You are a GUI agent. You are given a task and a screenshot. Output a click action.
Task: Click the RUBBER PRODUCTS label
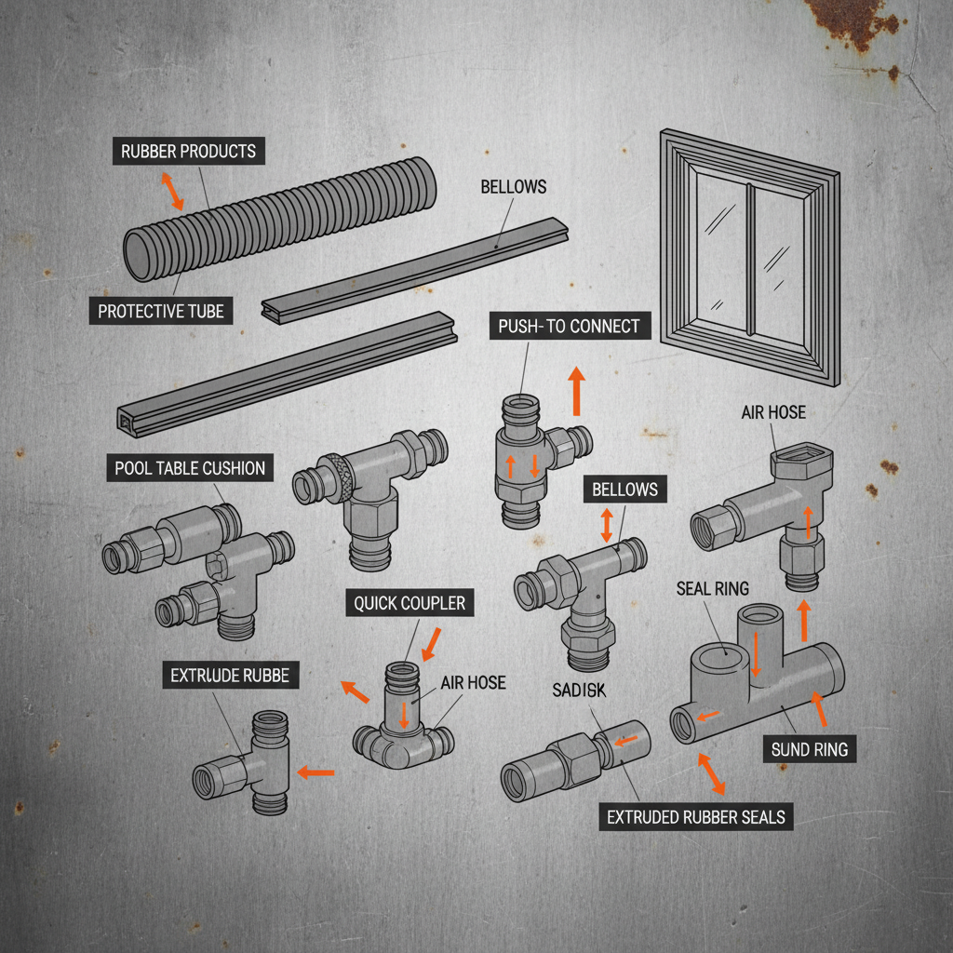pos(189,151)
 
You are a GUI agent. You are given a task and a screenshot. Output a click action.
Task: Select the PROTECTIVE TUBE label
pos(161,311)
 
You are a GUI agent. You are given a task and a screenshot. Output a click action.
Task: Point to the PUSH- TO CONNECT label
pos(569,326)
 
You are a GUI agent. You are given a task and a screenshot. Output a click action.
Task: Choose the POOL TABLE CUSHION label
pos(190,467)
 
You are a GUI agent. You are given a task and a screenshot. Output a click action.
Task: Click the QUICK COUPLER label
pos(409,603)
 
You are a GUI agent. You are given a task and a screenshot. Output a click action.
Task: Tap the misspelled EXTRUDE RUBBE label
pos(230,676)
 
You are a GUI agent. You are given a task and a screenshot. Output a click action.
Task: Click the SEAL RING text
pos(713,588)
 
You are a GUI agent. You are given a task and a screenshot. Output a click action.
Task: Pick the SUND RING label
pos(810,748)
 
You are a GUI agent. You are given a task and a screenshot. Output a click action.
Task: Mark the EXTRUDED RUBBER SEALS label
pos(696,817)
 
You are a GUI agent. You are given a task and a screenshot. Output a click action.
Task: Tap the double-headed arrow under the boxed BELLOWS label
pos(607,525)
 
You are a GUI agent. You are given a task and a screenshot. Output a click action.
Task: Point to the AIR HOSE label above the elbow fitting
pos(773,412)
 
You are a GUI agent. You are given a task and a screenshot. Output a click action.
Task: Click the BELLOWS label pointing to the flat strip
pos(513,186)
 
